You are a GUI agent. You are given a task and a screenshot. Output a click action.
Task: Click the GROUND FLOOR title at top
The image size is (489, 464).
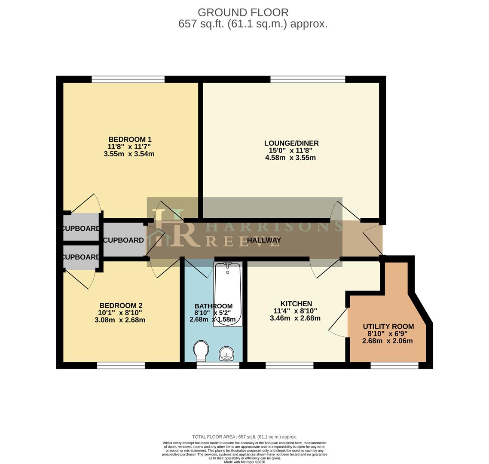click(x=243, y=12)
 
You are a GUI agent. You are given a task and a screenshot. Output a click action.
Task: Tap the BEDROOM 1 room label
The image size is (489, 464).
click(x=129, y=140)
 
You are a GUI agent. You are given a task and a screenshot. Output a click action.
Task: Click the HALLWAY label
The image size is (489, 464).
click(x=264, y=240)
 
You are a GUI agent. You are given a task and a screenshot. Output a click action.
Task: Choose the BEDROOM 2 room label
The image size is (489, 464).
click(x=120, y=305)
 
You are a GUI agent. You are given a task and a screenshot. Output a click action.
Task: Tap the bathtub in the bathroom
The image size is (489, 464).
click(x=228, y=294)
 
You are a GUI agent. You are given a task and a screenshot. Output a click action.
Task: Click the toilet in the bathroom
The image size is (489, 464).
click(x=201, y=351)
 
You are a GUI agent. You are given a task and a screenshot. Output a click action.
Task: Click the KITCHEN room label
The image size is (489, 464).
click(x=296, y=304)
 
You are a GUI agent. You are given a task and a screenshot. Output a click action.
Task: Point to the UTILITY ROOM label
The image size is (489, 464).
click(x=388, y=327)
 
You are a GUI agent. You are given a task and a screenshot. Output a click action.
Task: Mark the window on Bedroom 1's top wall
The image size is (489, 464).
click(x=128, y=79)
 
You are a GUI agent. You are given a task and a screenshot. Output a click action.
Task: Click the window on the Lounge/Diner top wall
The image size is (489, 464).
click(x=308, y=79)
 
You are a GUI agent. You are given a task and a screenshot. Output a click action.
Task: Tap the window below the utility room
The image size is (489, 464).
click(x=394, y=366)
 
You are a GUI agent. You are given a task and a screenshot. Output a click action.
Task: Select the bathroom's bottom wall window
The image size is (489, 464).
click(x=218, y=366)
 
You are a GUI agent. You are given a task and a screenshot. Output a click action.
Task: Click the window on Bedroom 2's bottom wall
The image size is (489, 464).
click(x=121, y=366)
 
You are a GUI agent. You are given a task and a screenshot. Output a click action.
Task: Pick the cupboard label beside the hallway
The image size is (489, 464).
click(x=123, y=240)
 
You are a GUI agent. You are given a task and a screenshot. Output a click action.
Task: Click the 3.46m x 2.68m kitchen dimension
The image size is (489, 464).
click(x=295, y=318)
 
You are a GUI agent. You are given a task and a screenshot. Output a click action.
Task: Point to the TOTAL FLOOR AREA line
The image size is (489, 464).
click(x=244, y=437)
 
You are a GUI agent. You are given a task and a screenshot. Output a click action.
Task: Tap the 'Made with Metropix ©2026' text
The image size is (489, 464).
click(x=244, y=462)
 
